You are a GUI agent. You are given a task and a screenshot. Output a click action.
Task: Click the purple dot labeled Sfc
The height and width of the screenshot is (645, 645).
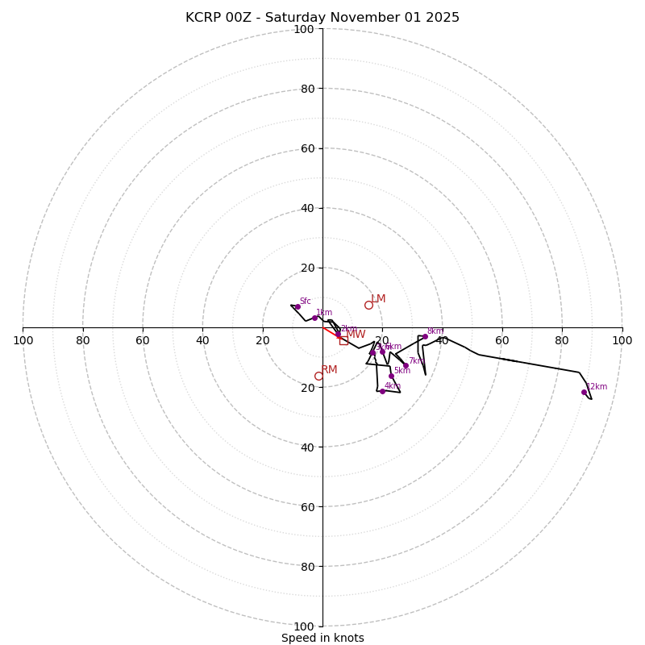[x=297, y=306]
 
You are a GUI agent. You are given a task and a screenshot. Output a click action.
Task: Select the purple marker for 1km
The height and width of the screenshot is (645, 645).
[x=314, y=318]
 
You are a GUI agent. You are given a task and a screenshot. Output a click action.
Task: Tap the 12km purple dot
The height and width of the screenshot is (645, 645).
[x=584, y=392]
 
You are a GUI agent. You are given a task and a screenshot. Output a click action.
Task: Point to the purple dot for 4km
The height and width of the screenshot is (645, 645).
[x=382, y=391]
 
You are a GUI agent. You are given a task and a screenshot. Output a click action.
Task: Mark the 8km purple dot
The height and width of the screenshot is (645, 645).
[x=425, y=336]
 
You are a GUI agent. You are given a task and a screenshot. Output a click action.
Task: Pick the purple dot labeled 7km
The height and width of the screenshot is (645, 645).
[x=406, y=365]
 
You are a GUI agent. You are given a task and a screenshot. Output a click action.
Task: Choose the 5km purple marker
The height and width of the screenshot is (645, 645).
[x=391, y=376]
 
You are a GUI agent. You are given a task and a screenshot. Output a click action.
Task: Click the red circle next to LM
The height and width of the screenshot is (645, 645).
[x=368, y=305]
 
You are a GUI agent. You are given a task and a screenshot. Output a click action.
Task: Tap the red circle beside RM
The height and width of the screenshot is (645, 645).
[x=318, y=376]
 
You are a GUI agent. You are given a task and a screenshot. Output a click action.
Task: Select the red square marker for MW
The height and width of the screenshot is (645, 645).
[x=343, y=340]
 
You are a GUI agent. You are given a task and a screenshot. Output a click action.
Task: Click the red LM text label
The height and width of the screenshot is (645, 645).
[x=378, y=299]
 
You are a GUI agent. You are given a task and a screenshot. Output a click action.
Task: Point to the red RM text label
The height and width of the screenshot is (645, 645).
[x=329, y=370]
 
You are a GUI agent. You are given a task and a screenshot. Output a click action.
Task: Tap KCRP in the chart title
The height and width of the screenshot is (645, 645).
[x=202, y=18]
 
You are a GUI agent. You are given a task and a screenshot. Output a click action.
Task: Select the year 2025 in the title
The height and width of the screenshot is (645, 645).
[x=443, y=18]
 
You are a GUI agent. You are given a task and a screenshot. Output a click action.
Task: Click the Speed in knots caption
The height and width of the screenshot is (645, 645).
[x=322, y=638]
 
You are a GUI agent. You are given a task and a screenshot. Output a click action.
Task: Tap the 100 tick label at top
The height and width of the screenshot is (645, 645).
[x=304, y=29]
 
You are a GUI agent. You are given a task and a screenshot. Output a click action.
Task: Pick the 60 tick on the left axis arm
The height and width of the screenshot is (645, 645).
[x=143, y=340]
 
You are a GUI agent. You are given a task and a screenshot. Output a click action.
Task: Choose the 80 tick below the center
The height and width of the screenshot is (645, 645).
[x=304, y=567]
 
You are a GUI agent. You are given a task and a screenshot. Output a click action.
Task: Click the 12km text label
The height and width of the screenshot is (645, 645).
[x=597, y=387]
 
